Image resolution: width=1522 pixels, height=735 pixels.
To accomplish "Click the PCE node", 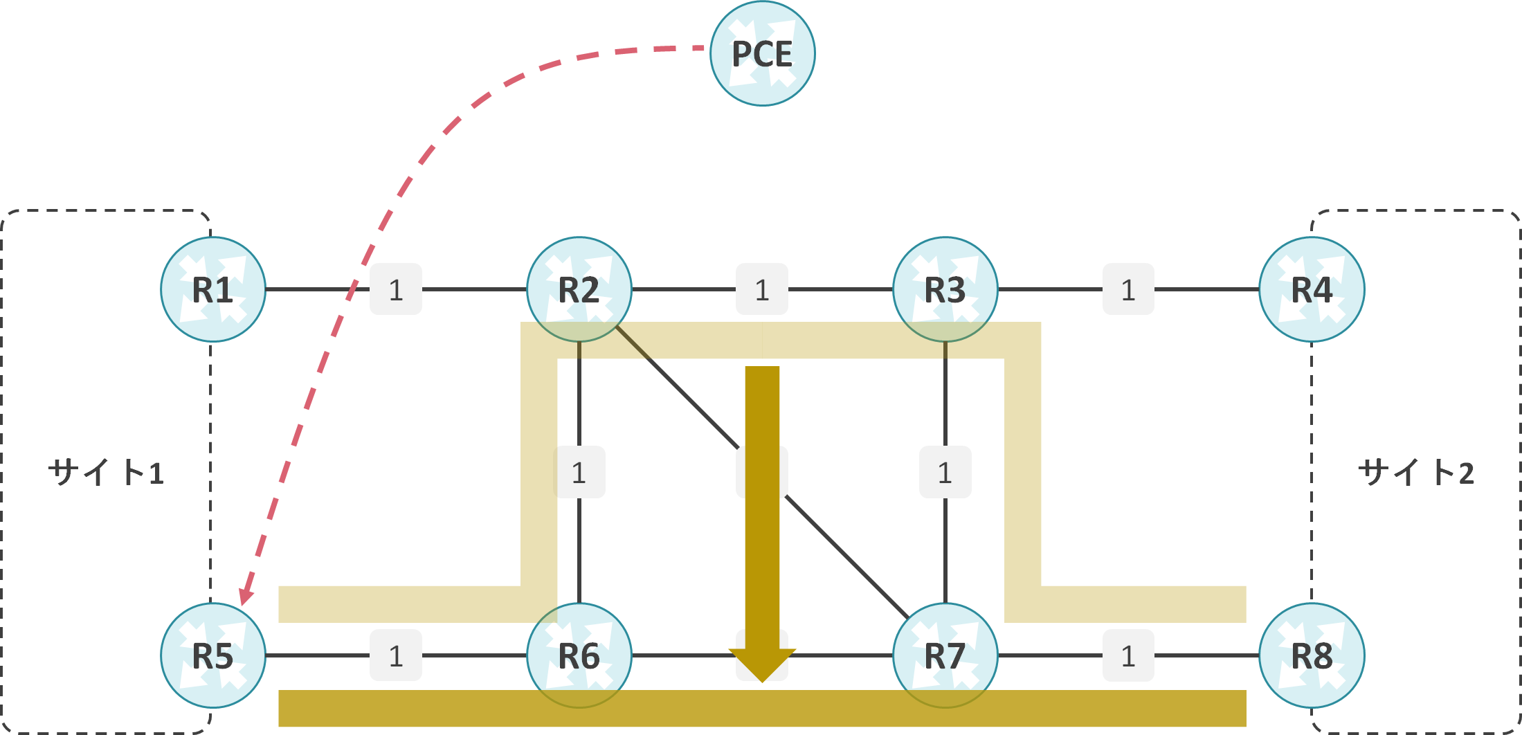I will (762, 54).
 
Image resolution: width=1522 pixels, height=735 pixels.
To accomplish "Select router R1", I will (213, 289).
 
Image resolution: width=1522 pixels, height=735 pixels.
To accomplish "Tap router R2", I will (579, 289).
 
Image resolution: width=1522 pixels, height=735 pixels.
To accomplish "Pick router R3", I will (945, 289).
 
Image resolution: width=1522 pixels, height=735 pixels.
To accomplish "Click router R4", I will (1312, 289).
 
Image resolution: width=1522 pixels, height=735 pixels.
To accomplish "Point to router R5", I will (213, 655).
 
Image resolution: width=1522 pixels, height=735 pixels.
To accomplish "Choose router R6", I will (579, 655).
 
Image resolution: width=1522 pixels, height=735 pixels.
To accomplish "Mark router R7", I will (945, 655).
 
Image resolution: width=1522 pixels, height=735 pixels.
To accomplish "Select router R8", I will (1312, 655).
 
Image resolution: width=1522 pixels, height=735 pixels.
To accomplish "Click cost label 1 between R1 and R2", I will (396, 289).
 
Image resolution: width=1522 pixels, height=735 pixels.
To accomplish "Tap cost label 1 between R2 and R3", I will (762, 289).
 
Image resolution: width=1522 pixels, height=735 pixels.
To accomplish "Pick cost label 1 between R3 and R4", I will (1128, 289).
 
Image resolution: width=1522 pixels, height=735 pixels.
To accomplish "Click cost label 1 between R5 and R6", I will (396, 655).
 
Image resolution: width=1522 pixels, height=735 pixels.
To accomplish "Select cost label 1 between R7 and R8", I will (1128, 655).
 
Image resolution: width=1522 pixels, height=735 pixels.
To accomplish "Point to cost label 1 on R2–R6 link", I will (579, 473).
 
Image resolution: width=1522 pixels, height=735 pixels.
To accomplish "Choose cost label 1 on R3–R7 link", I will (945, 473).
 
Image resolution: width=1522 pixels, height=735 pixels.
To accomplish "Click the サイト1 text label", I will (106, 473).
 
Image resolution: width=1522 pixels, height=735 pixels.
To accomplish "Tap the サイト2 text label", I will (1416, 473).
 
